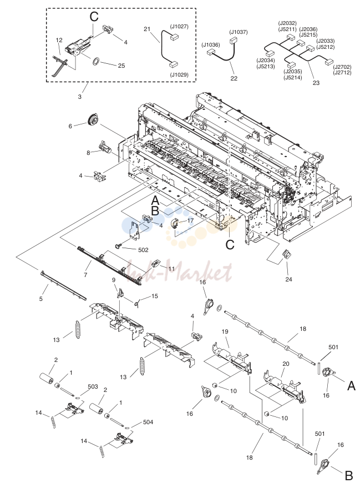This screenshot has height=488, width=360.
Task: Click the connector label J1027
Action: click(x=179, y=27)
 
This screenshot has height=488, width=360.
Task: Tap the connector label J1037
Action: click(x=239, y=32)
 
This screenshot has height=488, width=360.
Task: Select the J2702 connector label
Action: click(x=342, y=67)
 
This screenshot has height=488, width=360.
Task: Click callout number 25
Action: click(x=121, y=66)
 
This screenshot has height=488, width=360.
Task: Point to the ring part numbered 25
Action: click(x=95, y=61)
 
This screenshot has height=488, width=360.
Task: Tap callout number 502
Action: click(x=143, y=250)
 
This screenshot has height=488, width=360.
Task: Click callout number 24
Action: click(x=289, y=279)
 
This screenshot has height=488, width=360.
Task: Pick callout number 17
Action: click(x=190, y=220)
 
